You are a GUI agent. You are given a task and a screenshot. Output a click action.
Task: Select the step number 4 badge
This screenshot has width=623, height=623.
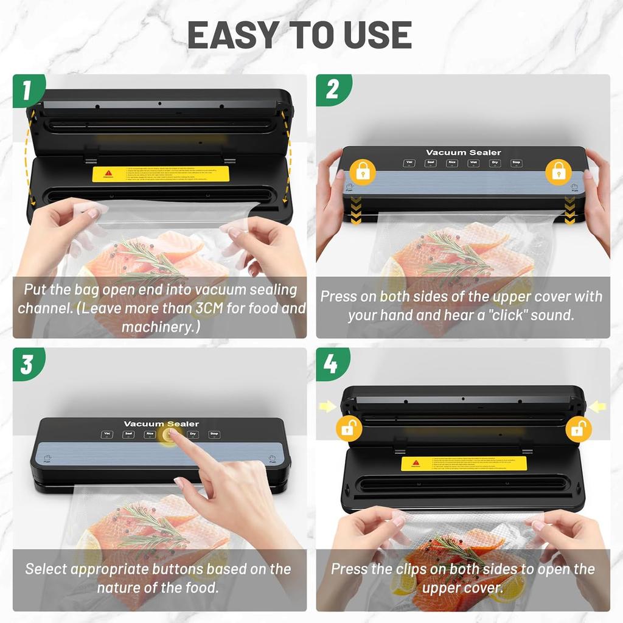click(330, 364)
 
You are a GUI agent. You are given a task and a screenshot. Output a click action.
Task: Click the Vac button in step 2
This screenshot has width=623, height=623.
click(409, 163)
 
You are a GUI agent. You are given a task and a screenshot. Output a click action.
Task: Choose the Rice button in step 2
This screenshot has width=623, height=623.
click(451, 163)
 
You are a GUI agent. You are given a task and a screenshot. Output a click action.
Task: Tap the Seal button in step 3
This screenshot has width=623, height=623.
click(128, 434)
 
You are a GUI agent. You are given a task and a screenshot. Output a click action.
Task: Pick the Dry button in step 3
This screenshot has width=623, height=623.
click(193, 434)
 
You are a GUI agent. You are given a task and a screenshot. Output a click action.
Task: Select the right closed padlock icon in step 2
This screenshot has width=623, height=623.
click(559, 172)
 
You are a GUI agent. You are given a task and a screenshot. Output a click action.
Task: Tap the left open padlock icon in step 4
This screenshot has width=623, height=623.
click(349, 429)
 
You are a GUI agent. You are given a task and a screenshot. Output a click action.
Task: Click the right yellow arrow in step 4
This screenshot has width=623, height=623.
click(597, 406)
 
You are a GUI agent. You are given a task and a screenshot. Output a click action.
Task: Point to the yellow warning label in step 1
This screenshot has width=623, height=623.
click(161, 174)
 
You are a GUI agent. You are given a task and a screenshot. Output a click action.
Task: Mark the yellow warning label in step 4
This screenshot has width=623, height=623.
click(464, 464)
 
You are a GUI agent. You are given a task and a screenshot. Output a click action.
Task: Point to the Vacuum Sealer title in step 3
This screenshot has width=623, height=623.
click(161, 423)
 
